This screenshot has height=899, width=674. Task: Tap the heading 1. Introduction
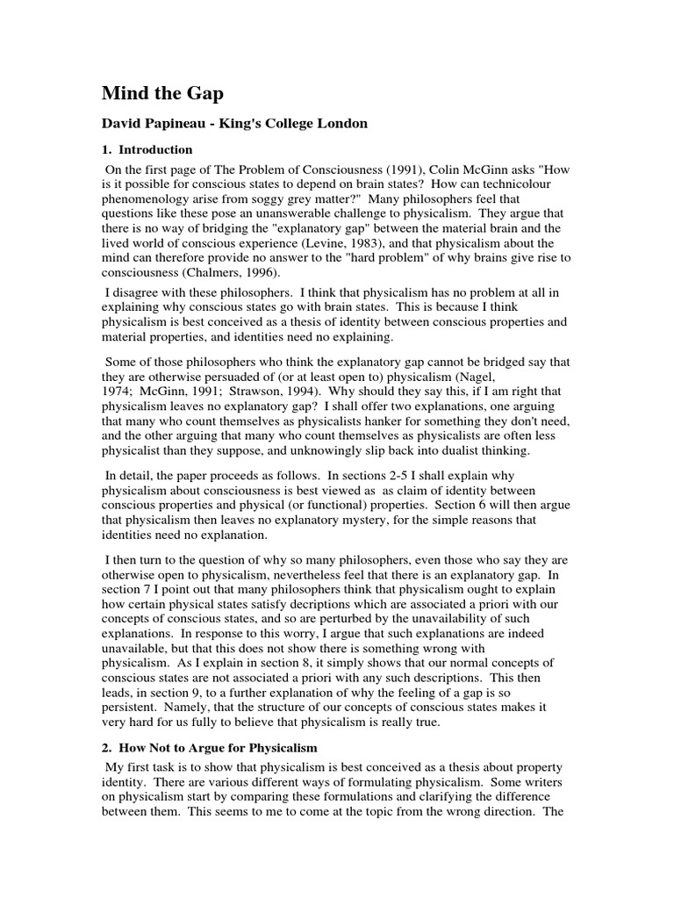point(148,150)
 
